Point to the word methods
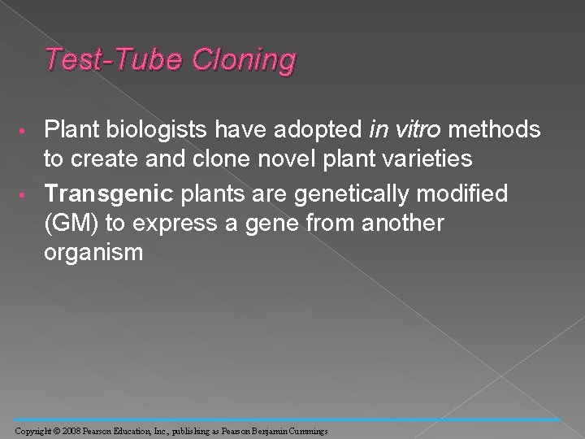coord(498,129)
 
